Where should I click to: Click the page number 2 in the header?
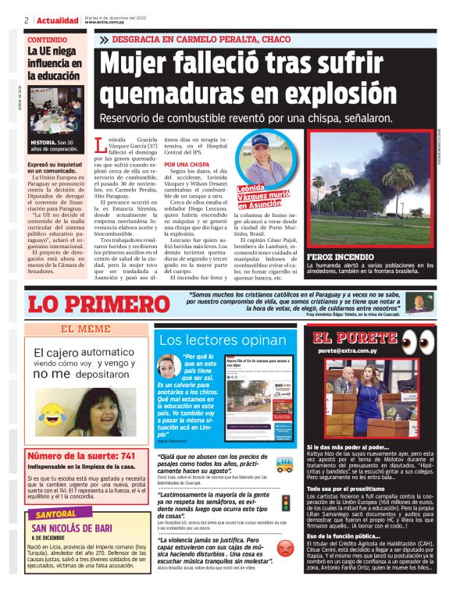coord(27,20)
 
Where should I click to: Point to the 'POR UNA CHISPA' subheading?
coord(186,165)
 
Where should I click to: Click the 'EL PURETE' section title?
coord(355,338)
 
